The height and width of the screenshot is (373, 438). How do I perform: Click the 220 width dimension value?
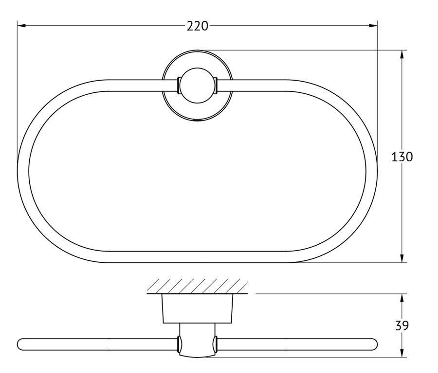(x=198, y=26)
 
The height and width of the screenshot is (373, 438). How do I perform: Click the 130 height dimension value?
(x=402, y=157)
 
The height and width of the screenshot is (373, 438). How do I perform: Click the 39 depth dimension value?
(x=402, y=325)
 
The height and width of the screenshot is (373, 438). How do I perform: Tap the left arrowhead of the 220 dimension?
(x=21, y=26)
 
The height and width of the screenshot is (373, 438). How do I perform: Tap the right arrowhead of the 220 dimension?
(x=373, y=26)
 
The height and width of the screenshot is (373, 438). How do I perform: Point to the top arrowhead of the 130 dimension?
(x=402, y=55)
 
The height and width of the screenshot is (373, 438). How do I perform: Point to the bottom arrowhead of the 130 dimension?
(x=402, y=258)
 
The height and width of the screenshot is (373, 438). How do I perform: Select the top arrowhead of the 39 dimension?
(x=402, y=298)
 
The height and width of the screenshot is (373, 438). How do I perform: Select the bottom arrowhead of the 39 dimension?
(x=402, y=353)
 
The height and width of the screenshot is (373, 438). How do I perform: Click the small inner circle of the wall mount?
(x=197, y=85)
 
